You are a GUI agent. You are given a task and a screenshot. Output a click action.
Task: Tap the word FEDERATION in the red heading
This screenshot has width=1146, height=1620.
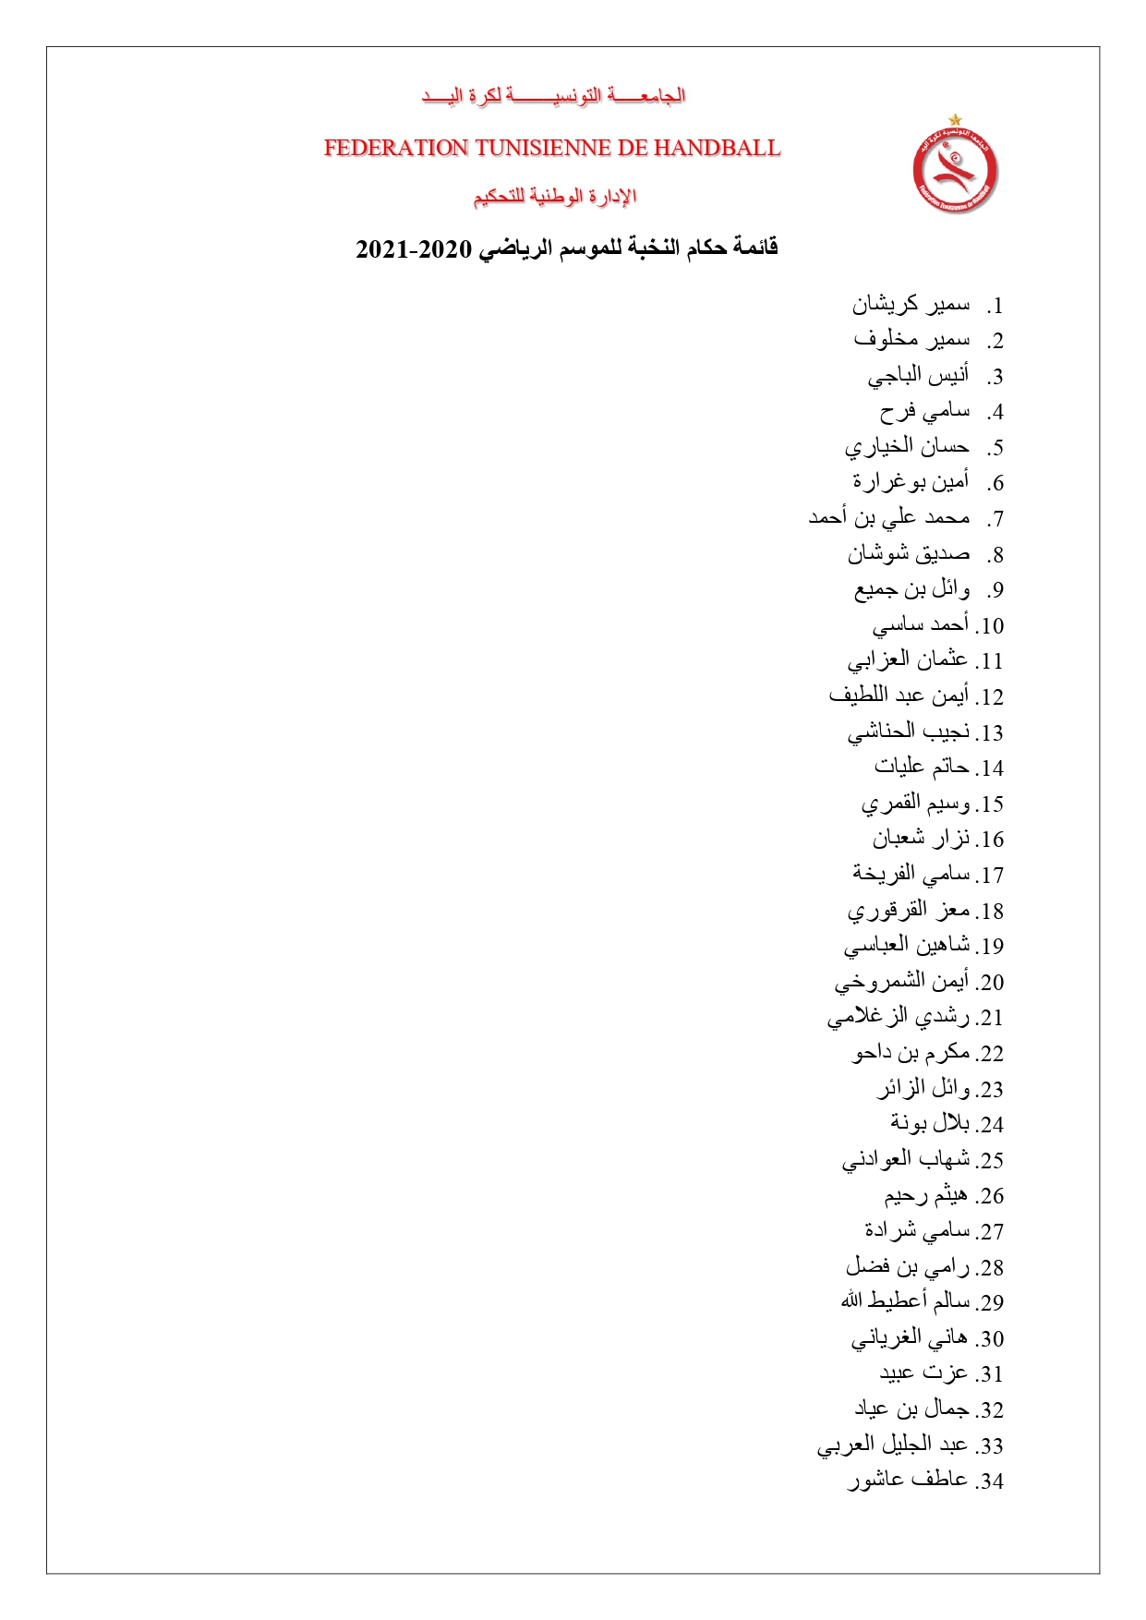[396, 148]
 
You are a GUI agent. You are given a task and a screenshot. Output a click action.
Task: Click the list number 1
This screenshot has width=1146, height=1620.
[995, 306]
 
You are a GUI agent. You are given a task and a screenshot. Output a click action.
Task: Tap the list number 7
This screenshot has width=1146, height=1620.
[995, 520]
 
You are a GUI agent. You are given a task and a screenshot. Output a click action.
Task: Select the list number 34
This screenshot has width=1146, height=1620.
[990, 1481]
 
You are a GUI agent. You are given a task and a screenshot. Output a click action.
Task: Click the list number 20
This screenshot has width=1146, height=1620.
[990, 983]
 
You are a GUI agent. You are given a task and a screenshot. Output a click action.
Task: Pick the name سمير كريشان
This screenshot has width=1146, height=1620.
[911, 305]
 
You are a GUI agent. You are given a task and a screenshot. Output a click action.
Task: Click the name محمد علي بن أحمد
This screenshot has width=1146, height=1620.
[889, 518]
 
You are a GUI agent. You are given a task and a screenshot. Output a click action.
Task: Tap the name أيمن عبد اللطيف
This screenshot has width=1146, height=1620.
[899, 695]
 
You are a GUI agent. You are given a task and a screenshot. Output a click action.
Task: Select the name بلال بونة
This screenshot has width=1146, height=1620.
[930, 1123]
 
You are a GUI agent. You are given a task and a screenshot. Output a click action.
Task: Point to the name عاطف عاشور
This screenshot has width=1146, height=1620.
[908, 1480]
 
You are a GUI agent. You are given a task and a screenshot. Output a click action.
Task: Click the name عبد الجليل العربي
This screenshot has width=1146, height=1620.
[893, 1445]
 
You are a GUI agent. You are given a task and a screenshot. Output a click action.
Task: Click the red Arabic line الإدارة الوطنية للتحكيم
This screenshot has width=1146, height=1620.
[555, 197]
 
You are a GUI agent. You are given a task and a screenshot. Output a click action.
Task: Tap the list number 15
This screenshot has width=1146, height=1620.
[990, 804]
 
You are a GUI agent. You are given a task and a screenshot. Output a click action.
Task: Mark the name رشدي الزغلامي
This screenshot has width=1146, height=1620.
[899, 1018]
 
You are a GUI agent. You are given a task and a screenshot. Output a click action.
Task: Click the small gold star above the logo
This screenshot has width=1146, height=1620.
[955, 119]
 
